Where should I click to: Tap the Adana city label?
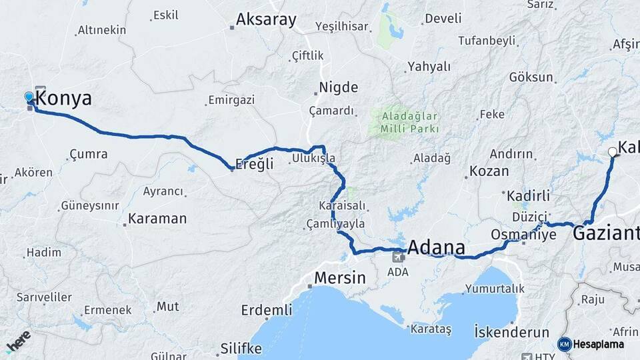(435, 248)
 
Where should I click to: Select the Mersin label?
(340, 277)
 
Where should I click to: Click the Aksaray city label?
(266, 20)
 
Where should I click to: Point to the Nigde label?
(338, 87)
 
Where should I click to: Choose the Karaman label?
(157, 219)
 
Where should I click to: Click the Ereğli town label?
(255, 164)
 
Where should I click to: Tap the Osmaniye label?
(523, 235)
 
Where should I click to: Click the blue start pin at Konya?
(29, 98)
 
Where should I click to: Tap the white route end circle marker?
(613, 152)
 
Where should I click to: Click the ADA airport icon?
(398, 257)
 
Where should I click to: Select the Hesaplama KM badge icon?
(565, 344)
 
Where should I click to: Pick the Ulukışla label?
(313, 159)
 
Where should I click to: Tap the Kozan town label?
(488, 171)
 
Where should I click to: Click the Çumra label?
(88, 154)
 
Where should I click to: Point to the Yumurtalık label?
(495, 289)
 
